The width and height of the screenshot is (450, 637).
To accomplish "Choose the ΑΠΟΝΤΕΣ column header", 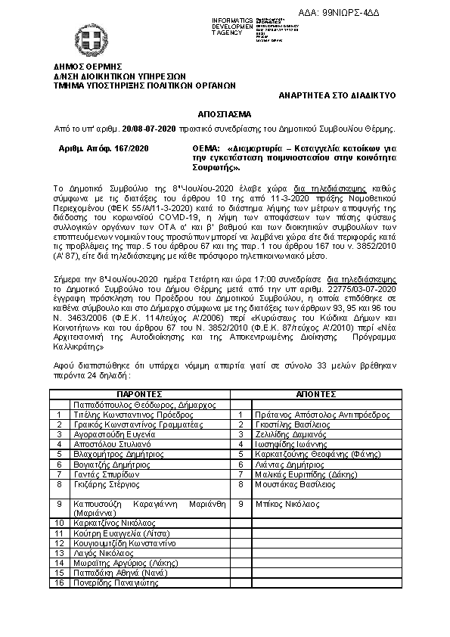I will [x=316, y=394].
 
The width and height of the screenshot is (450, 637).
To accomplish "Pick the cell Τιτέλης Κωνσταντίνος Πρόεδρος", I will [x=123, y=415].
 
